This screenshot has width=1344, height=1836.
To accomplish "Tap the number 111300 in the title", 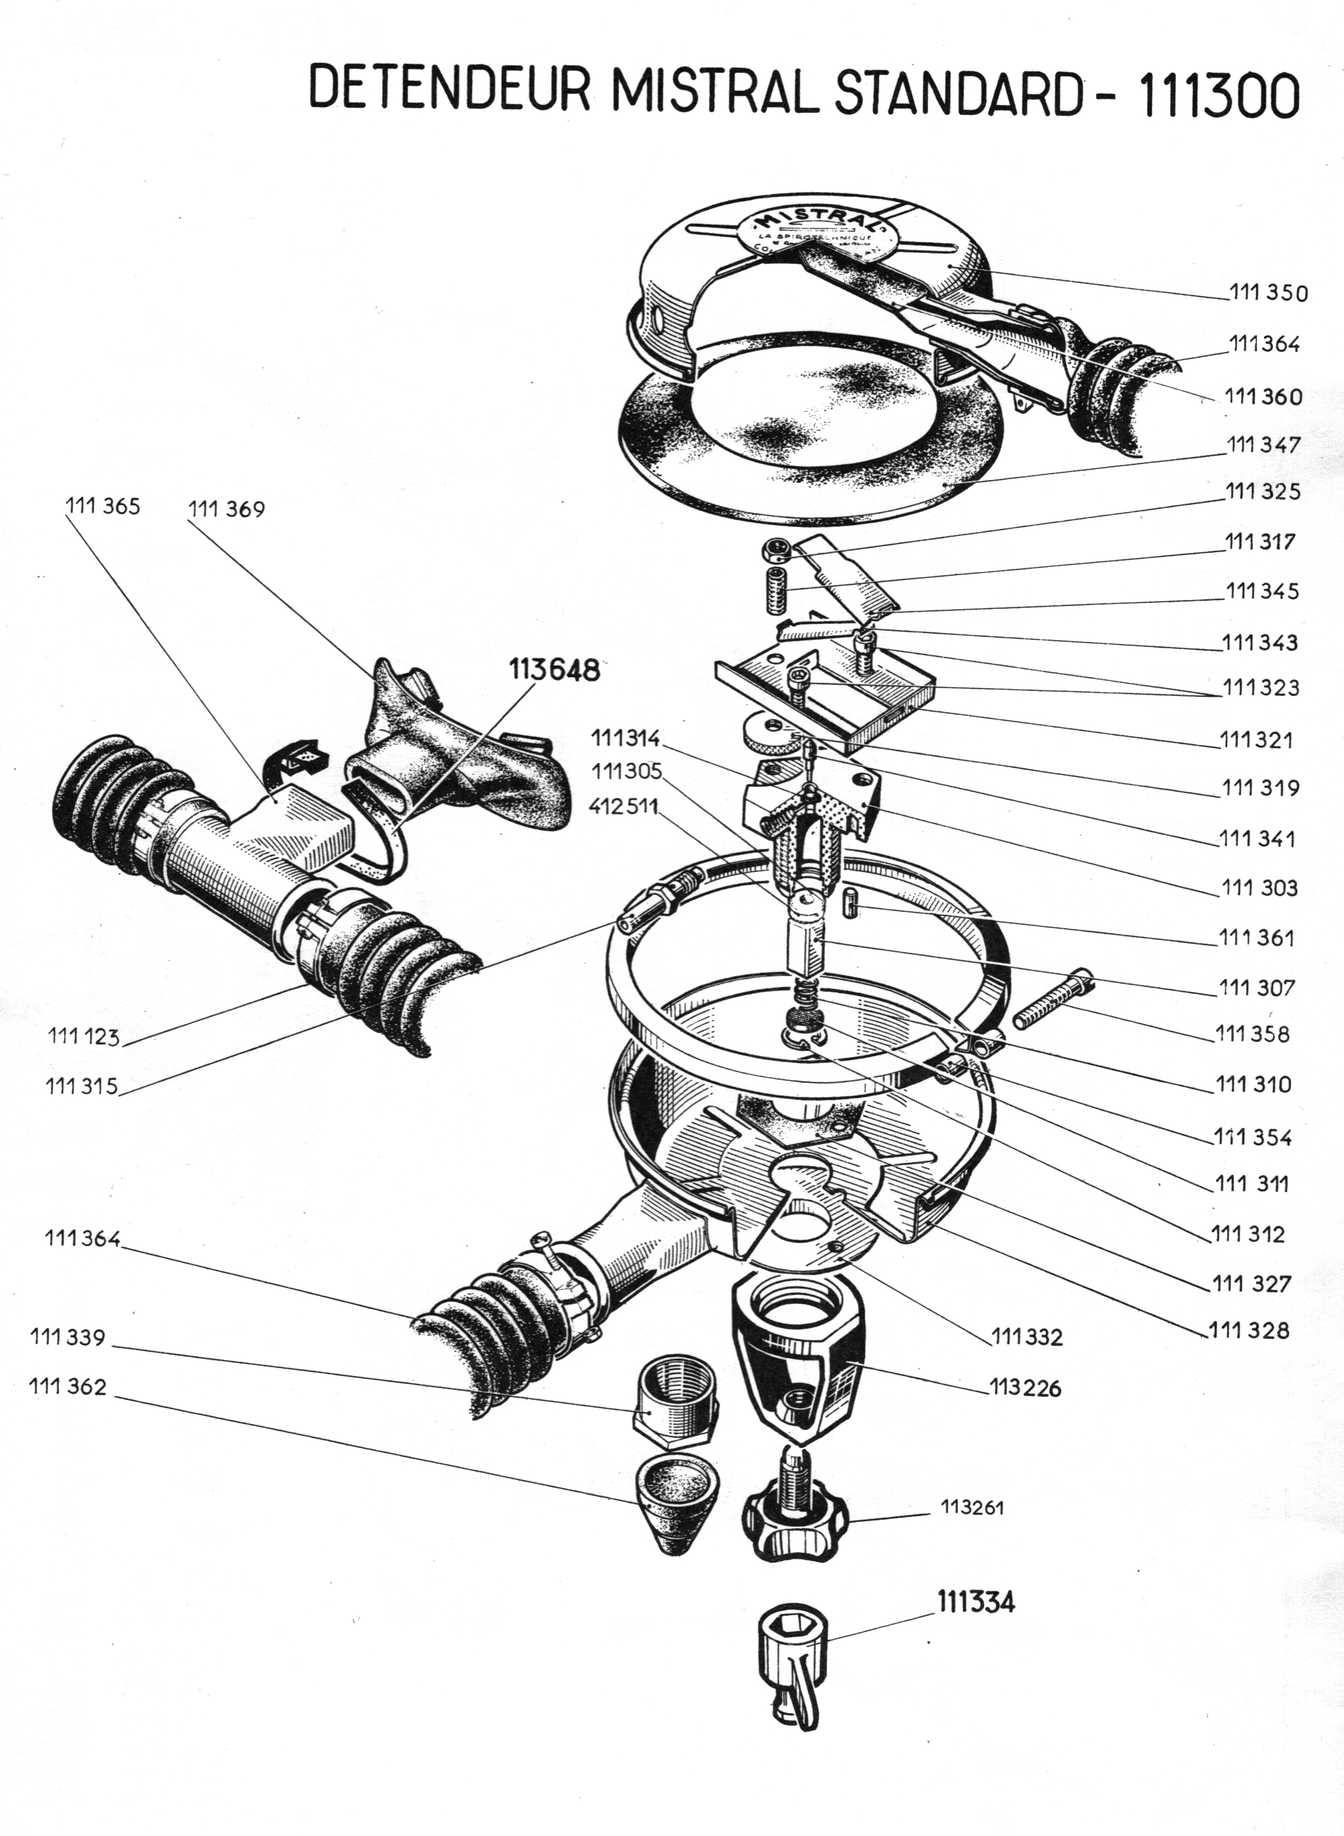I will (x=1218, y=96).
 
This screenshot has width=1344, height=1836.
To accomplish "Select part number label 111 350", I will (x=1268, y=292).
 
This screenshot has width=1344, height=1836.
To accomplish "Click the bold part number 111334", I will (x=975, y=1603).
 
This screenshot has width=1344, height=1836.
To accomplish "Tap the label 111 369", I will (x=226, y=510).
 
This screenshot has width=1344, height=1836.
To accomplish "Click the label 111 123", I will (x=83, y=1036).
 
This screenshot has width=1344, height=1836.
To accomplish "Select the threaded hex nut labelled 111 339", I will (x=675, y=1400).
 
